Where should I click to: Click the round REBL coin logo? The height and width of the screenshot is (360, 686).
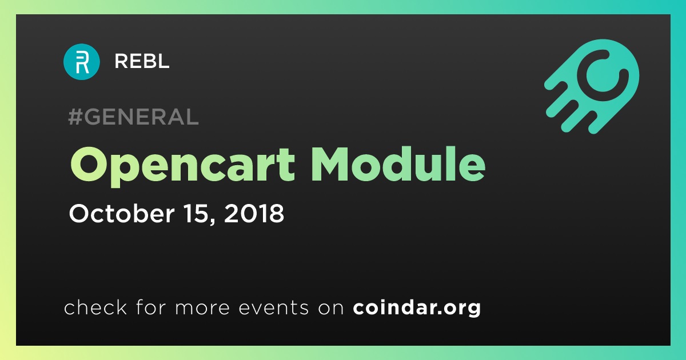pyautogui.click(x=81, y=62)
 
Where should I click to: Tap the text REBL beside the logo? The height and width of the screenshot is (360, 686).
pyautogui.click(x=142, y=61)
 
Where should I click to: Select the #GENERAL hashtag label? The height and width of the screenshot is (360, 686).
pyautogui.click(x=134, y=117)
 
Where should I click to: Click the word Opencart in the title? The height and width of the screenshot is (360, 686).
pyautogui.click(x=182, y=165)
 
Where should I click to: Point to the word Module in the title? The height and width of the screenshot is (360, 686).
pyautogui.click(x=398, y=164)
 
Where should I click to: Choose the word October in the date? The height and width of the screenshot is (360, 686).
pyautogui.click(x=122, y=213)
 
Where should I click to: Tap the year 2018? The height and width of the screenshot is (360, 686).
pyautogui.click(x=254, y=213)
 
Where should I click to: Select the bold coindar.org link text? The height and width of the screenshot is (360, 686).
pyautogui.click(x=417, y=308)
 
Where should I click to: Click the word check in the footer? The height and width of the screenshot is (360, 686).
pyautogui.click(x=95, y=307)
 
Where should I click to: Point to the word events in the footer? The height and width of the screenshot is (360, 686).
pyautogui.click(x=273, y=307)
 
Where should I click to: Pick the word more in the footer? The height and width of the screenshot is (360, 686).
pyautogui.click(x=202, y=307)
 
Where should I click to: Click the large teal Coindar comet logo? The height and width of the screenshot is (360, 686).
pyautogui.click(x=591, y=86)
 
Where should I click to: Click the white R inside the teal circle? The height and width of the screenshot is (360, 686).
pyautogui.click(x=82, y=63)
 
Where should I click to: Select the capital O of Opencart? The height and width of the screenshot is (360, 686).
pyautogui.click(x=89, y=164)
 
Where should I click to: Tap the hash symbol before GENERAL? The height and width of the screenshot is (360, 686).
pyautogui.click(x=75, y=117)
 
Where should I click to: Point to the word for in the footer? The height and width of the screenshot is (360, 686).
pyautogui.click(x=151, y=307)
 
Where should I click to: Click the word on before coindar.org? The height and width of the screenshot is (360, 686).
pyautogui.click(x=331, y=308)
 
